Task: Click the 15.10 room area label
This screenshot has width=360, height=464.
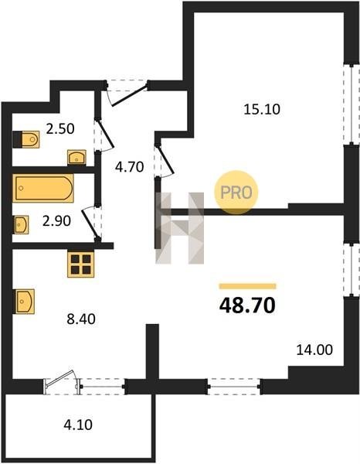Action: point(262,110)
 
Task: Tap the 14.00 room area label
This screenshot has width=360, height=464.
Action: point(314,350)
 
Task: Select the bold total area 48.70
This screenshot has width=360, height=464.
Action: point(247,305)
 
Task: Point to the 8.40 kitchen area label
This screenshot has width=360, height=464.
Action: point(81,319)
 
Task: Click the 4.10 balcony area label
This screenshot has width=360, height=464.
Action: point(78,425)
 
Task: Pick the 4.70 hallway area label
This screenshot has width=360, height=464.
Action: point(130,167)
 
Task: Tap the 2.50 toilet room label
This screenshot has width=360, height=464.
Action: point(60,129)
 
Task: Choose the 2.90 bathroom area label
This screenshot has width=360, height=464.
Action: point(56,221)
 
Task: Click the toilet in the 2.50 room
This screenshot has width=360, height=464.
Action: point(26,139)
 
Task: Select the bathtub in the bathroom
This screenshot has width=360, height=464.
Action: point(43,188)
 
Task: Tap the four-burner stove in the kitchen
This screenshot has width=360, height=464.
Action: point(80,264)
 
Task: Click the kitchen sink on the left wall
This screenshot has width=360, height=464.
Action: point(25,302)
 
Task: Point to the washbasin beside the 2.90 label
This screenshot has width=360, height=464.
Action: point(22,225)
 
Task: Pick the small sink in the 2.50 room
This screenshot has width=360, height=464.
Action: point(76,157)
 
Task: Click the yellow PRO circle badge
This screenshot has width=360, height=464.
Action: point(236,193)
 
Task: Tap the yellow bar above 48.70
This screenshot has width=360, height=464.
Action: point(248,286)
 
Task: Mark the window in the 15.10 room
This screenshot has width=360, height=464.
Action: point(352,104)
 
